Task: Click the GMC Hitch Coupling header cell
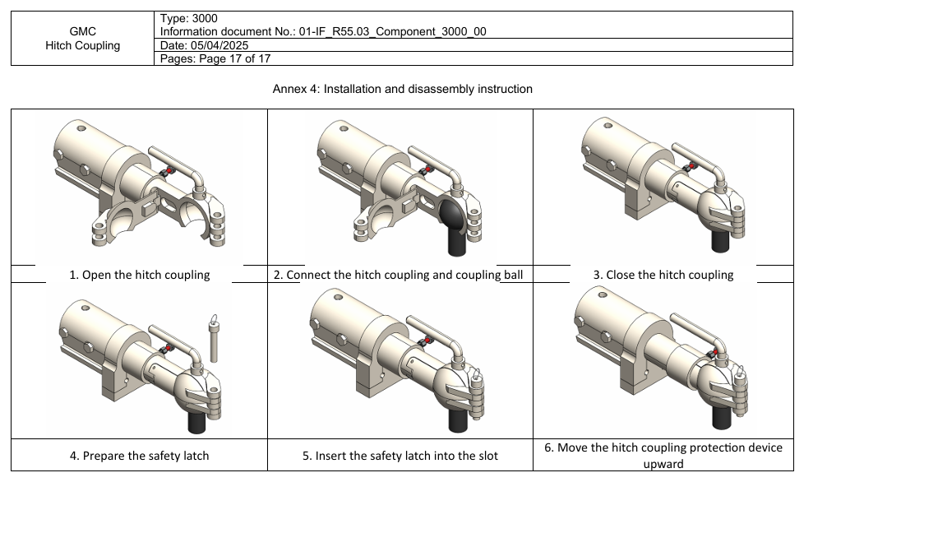[82, 39]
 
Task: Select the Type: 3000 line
[189, 18]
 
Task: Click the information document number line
[323, 31]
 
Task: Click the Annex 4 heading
[402, 89]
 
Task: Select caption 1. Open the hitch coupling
[139, 275]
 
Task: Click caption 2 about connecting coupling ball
[398, 275]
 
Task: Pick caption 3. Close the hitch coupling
[663, 275]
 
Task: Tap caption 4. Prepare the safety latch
[139, 455]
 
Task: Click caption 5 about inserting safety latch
[400, 455]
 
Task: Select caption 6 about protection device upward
[663, 455]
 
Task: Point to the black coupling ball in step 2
[451, 219]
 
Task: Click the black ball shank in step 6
[722, 420]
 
